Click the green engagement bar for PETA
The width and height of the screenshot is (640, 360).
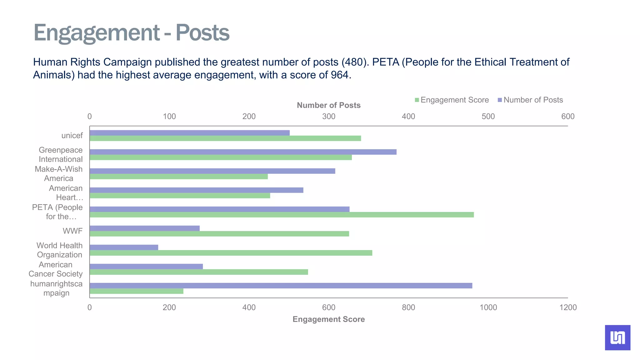coord(281,215)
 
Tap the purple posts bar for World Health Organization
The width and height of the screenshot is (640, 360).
coord(124,247)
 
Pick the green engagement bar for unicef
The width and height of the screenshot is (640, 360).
coord(225,138)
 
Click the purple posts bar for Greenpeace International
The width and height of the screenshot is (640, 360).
coord(243,152)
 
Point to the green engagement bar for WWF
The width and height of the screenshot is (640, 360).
coord(219,234)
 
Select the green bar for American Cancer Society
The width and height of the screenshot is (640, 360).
coord(198,272)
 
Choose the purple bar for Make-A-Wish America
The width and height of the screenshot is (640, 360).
coord(212,171)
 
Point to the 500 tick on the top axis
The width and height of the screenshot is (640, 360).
coord(488,117)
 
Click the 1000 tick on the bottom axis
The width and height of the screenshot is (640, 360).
coord(488,307)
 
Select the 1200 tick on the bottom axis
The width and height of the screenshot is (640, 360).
coord(568,307)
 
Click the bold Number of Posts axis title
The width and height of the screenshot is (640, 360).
coord(328,105)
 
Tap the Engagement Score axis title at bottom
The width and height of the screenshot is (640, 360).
coord(328,319)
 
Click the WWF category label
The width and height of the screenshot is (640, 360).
coord(72,231)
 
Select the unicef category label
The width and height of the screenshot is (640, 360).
coord(72,136)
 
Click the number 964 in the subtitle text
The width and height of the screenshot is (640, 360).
coord(339,75)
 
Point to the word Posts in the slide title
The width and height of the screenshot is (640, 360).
coord(202,32)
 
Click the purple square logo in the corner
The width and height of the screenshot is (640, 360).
coord(617,337)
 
